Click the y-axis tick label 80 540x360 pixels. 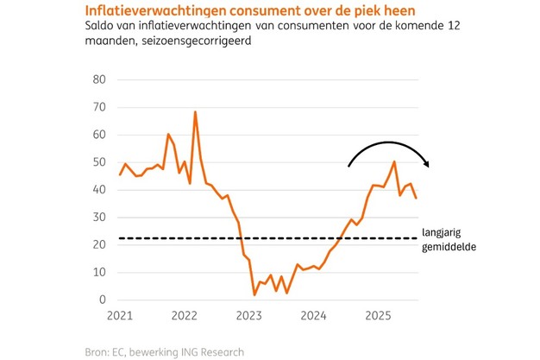point(98,79)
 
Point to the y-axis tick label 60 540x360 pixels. point(98,135)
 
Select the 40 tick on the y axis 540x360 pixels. point(98,190)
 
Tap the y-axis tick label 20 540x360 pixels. point(98,245)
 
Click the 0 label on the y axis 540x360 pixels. point(101,300)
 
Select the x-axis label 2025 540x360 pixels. point(380,316)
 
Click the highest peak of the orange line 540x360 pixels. point(195,112)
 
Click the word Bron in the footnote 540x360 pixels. point(96,351)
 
